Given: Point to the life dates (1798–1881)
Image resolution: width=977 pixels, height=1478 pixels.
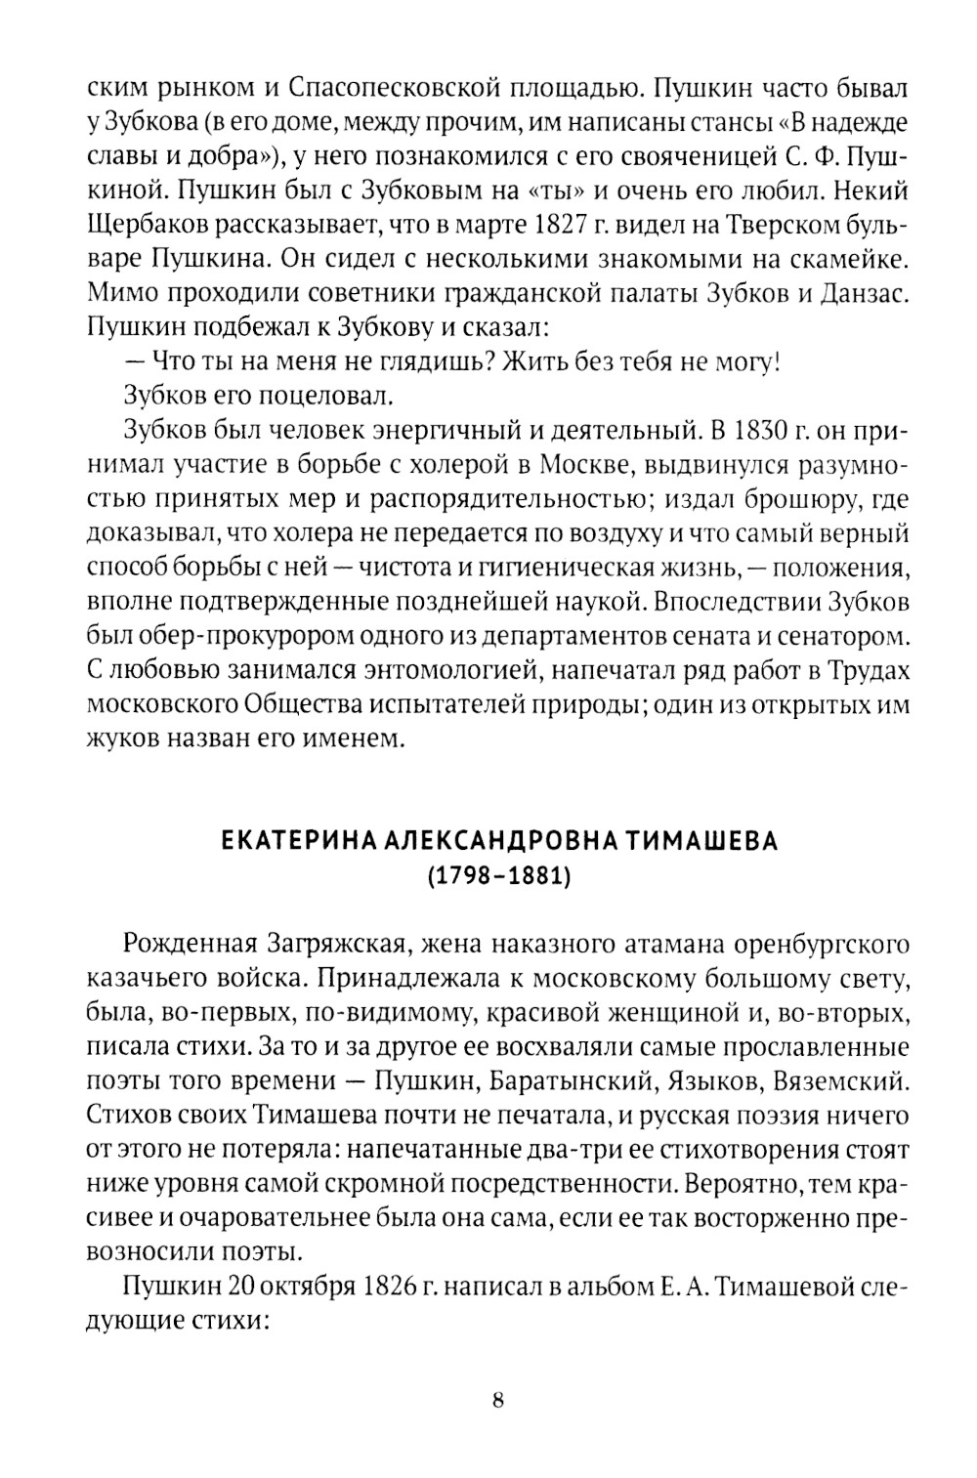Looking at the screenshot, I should [x=497, y=876].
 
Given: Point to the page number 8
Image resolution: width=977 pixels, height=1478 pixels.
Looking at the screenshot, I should [x=497, y=1400].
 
